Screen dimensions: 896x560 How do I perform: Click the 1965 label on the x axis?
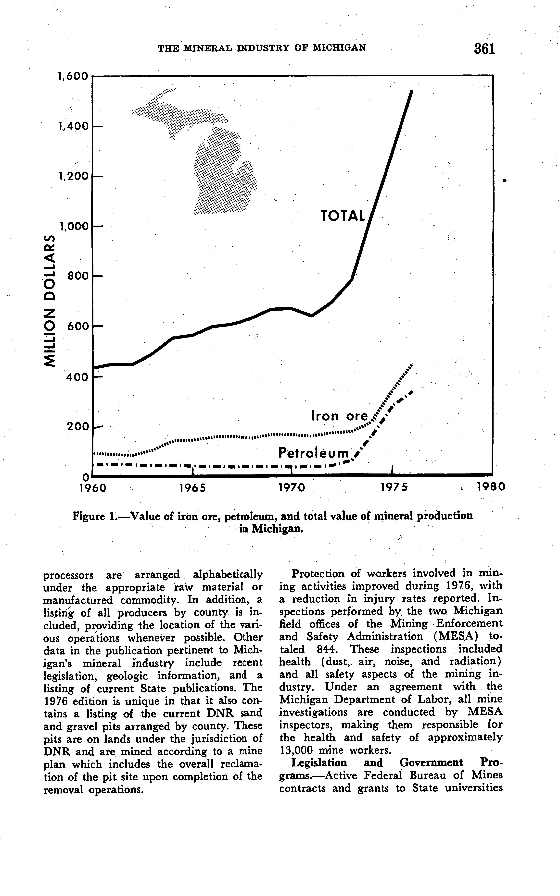[192, 487]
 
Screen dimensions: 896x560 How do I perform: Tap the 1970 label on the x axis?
[292, 487]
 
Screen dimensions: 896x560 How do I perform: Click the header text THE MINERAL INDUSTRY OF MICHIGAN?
[262, 48]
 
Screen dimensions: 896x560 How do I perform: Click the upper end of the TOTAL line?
[411, 92]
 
